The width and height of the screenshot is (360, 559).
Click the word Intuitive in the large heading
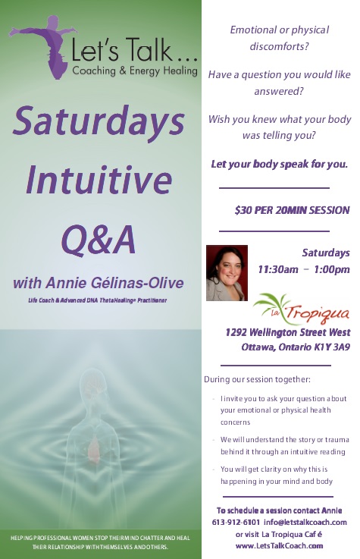99,180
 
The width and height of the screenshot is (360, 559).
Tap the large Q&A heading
99,239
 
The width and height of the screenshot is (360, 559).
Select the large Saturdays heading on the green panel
99,120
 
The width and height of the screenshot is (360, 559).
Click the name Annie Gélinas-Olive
114,283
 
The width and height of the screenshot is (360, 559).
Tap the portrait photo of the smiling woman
227,273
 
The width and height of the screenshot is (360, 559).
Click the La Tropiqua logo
301,309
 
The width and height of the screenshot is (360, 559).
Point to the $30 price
243,210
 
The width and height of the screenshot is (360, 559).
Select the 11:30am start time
278,269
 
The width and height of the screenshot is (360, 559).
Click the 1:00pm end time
332,269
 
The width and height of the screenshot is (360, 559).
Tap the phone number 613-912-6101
236,523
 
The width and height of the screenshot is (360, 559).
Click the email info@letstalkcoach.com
305,523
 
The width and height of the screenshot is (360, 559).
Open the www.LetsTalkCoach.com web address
279,545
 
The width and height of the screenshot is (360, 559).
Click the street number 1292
236,332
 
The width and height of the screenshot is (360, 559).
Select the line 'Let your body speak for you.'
280,164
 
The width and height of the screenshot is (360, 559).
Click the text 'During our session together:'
257,379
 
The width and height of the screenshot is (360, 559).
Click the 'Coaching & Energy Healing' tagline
135,71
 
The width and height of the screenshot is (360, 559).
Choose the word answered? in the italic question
279,91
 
